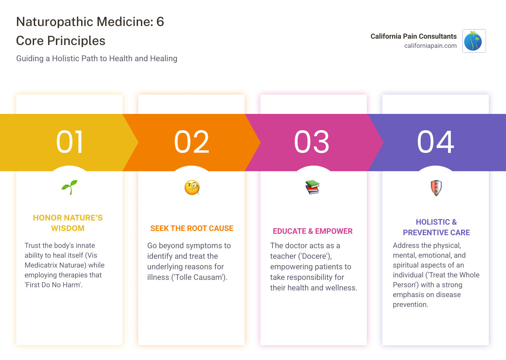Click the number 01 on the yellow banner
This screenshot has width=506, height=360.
[x=70, y=142]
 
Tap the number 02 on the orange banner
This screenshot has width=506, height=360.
[x=192, y=142]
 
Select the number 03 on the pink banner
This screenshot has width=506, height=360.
[x=312, y=142]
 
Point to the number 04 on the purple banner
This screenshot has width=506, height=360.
[x=436, y=142]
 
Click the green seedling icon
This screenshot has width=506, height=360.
[x=69, y=187]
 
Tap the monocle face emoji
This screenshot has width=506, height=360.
[x=192, y=187]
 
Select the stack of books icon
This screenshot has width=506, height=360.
[x=312, y=187]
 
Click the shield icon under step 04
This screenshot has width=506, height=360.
[x=436, y=188]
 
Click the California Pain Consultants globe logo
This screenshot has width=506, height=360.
[x=474, y=41]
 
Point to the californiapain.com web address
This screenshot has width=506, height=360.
[x=430, y=46]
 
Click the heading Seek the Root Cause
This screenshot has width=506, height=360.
[x=192, y=229]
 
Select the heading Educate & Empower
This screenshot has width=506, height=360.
[x=312, y=231]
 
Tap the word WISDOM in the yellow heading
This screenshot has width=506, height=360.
[x=68, y=229]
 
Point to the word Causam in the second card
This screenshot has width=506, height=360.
[x=210, y=277]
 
